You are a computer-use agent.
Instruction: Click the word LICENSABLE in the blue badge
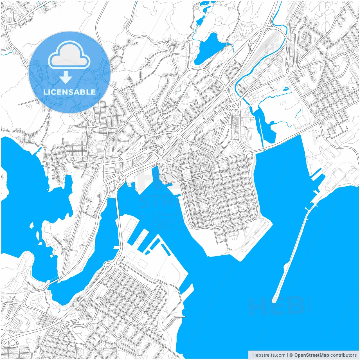tap(69, 92)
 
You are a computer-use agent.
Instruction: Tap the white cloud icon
tap(69, 55)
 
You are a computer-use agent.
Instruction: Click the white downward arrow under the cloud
tap(66, 77)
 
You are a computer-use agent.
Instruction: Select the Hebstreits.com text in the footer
tap(269, 355)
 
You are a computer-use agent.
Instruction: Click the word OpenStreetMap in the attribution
tap(312, 355)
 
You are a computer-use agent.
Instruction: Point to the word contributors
tap(344, 355)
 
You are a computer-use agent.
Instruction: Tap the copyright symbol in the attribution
tap(291, 355)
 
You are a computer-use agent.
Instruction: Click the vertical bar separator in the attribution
tap(287, 355)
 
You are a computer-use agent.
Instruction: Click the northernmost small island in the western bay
tap(32, 225)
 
